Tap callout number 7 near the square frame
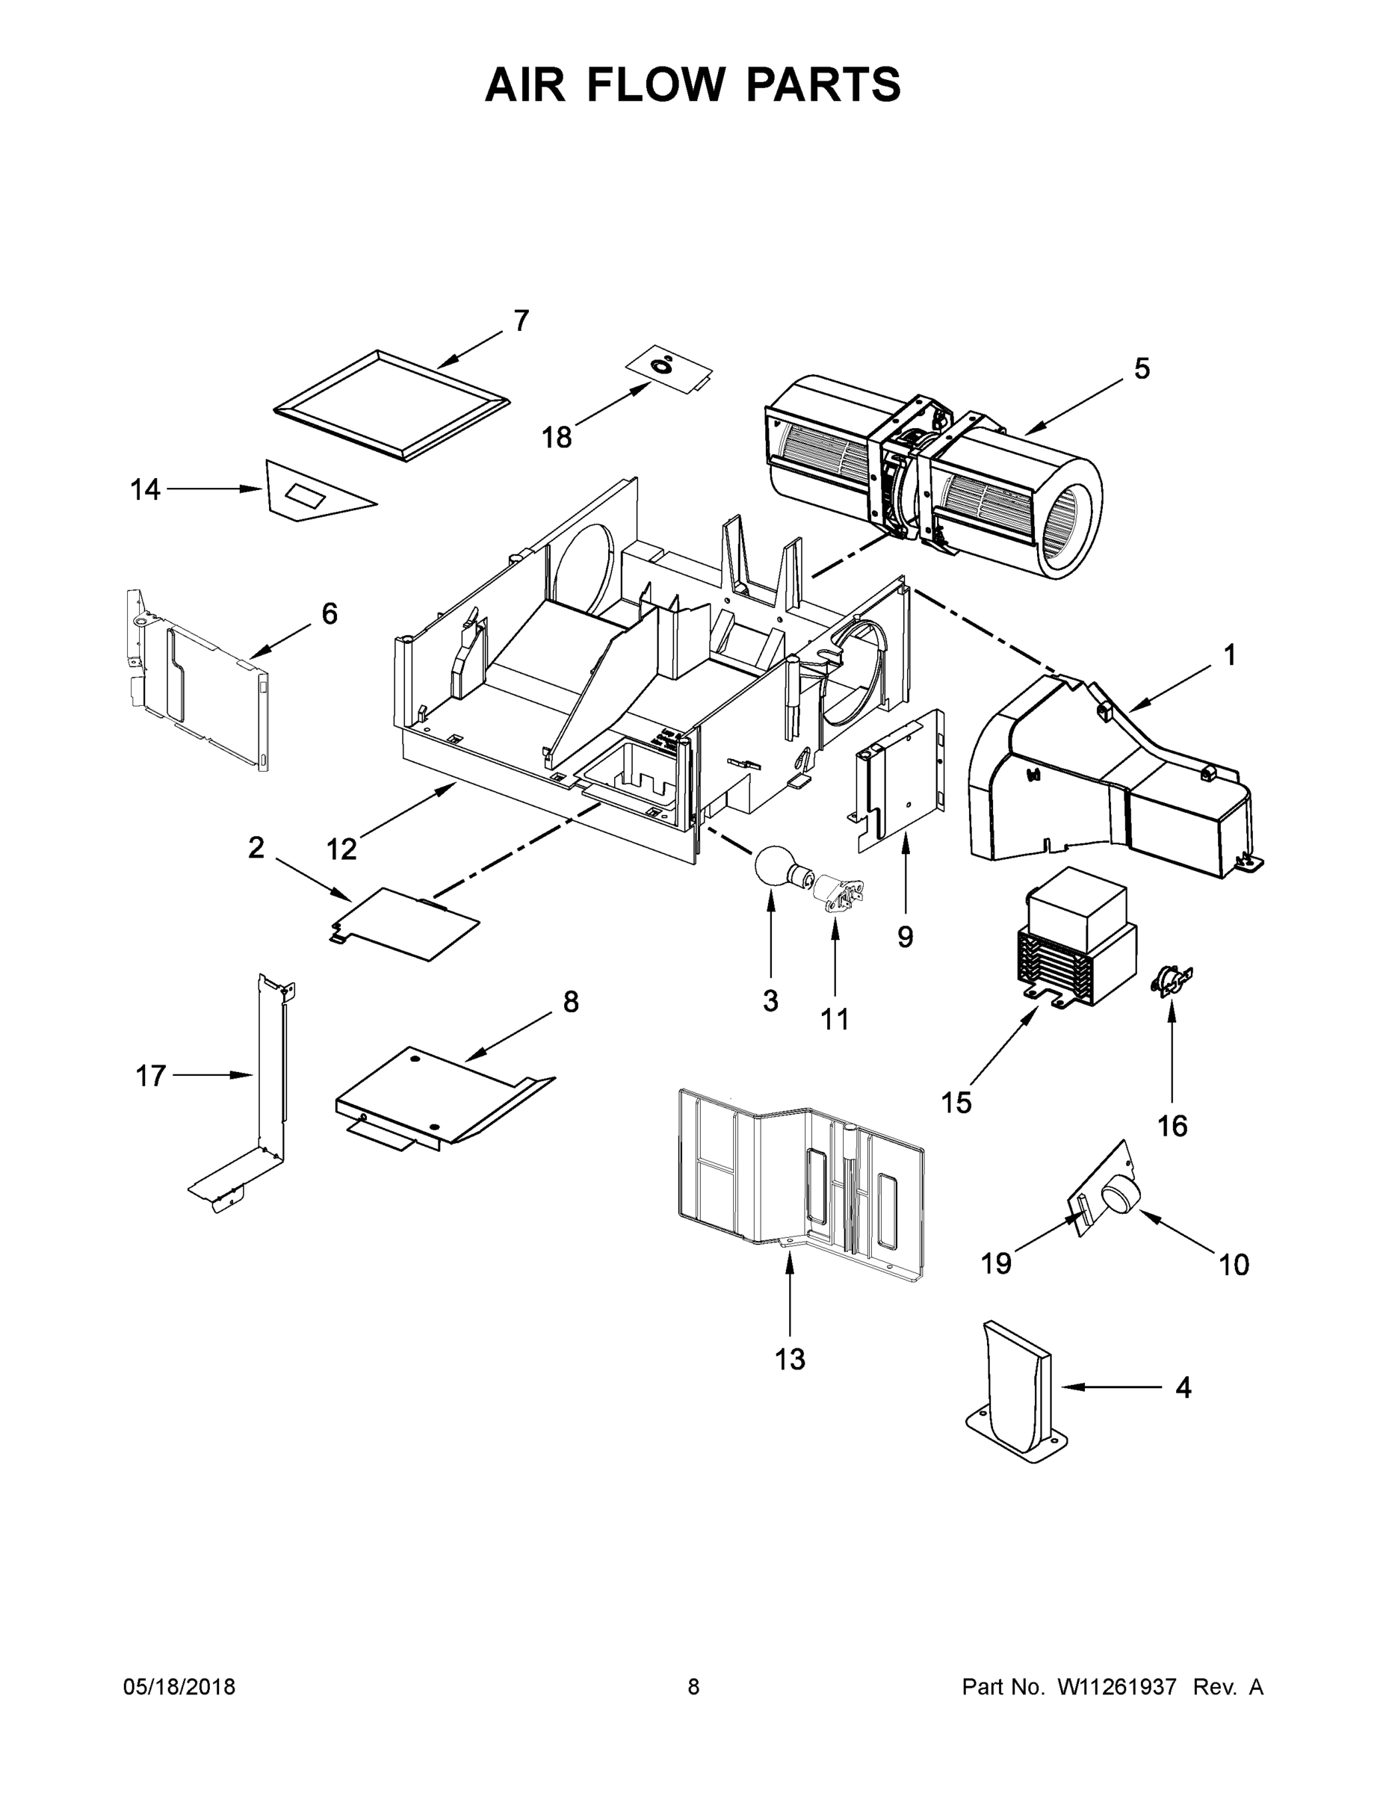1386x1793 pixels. [522, 321]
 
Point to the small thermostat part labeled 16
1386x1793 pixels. [1172, 980]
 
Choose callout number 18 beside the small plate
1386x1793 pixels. [556, 438]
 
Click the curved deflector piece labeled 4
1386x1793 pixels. [1016, 1387]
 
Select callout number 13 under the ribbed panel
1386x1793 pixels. [790, 1360]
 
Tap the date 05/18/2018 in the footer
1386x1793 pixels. [179, 1687]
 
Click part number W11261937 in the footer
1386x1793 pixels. [1117, 1687]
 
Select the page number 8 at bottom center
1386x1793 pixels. [694, 1687]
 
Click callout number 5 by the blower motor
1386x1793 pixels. [1142, 370]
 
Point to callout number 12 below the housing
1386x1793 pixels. [341, 849]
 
